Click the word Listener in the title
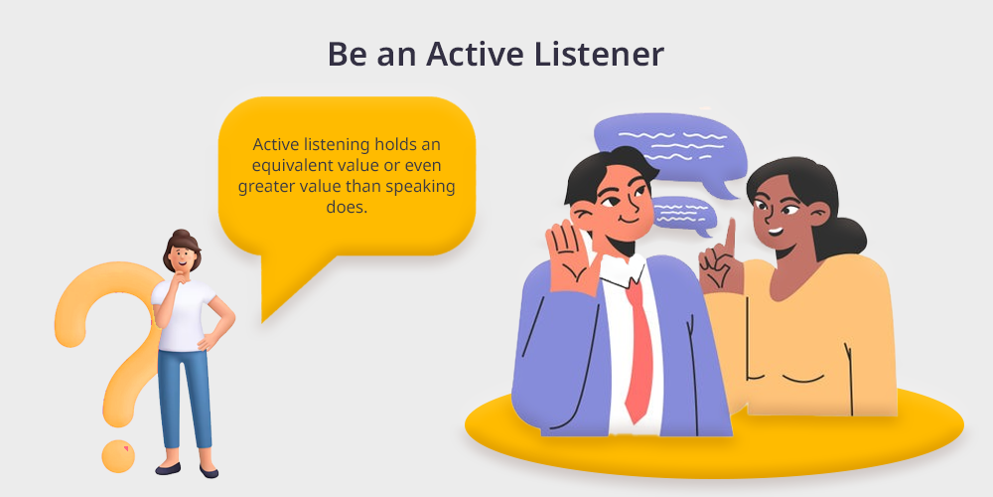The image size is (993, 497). pyautogui.click(x=598, y=55)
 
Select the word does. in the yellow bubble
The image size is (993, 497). pyautogui.click(x=347, y=208)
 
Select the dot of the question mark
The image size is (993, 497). pyautogui.click(x=118, y=456)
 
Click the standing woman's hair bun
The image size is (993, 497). pyautogui.click(x=182, y=234)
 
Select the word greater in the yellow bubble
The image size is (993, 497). pyautogui.click(x=264, y=188)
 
